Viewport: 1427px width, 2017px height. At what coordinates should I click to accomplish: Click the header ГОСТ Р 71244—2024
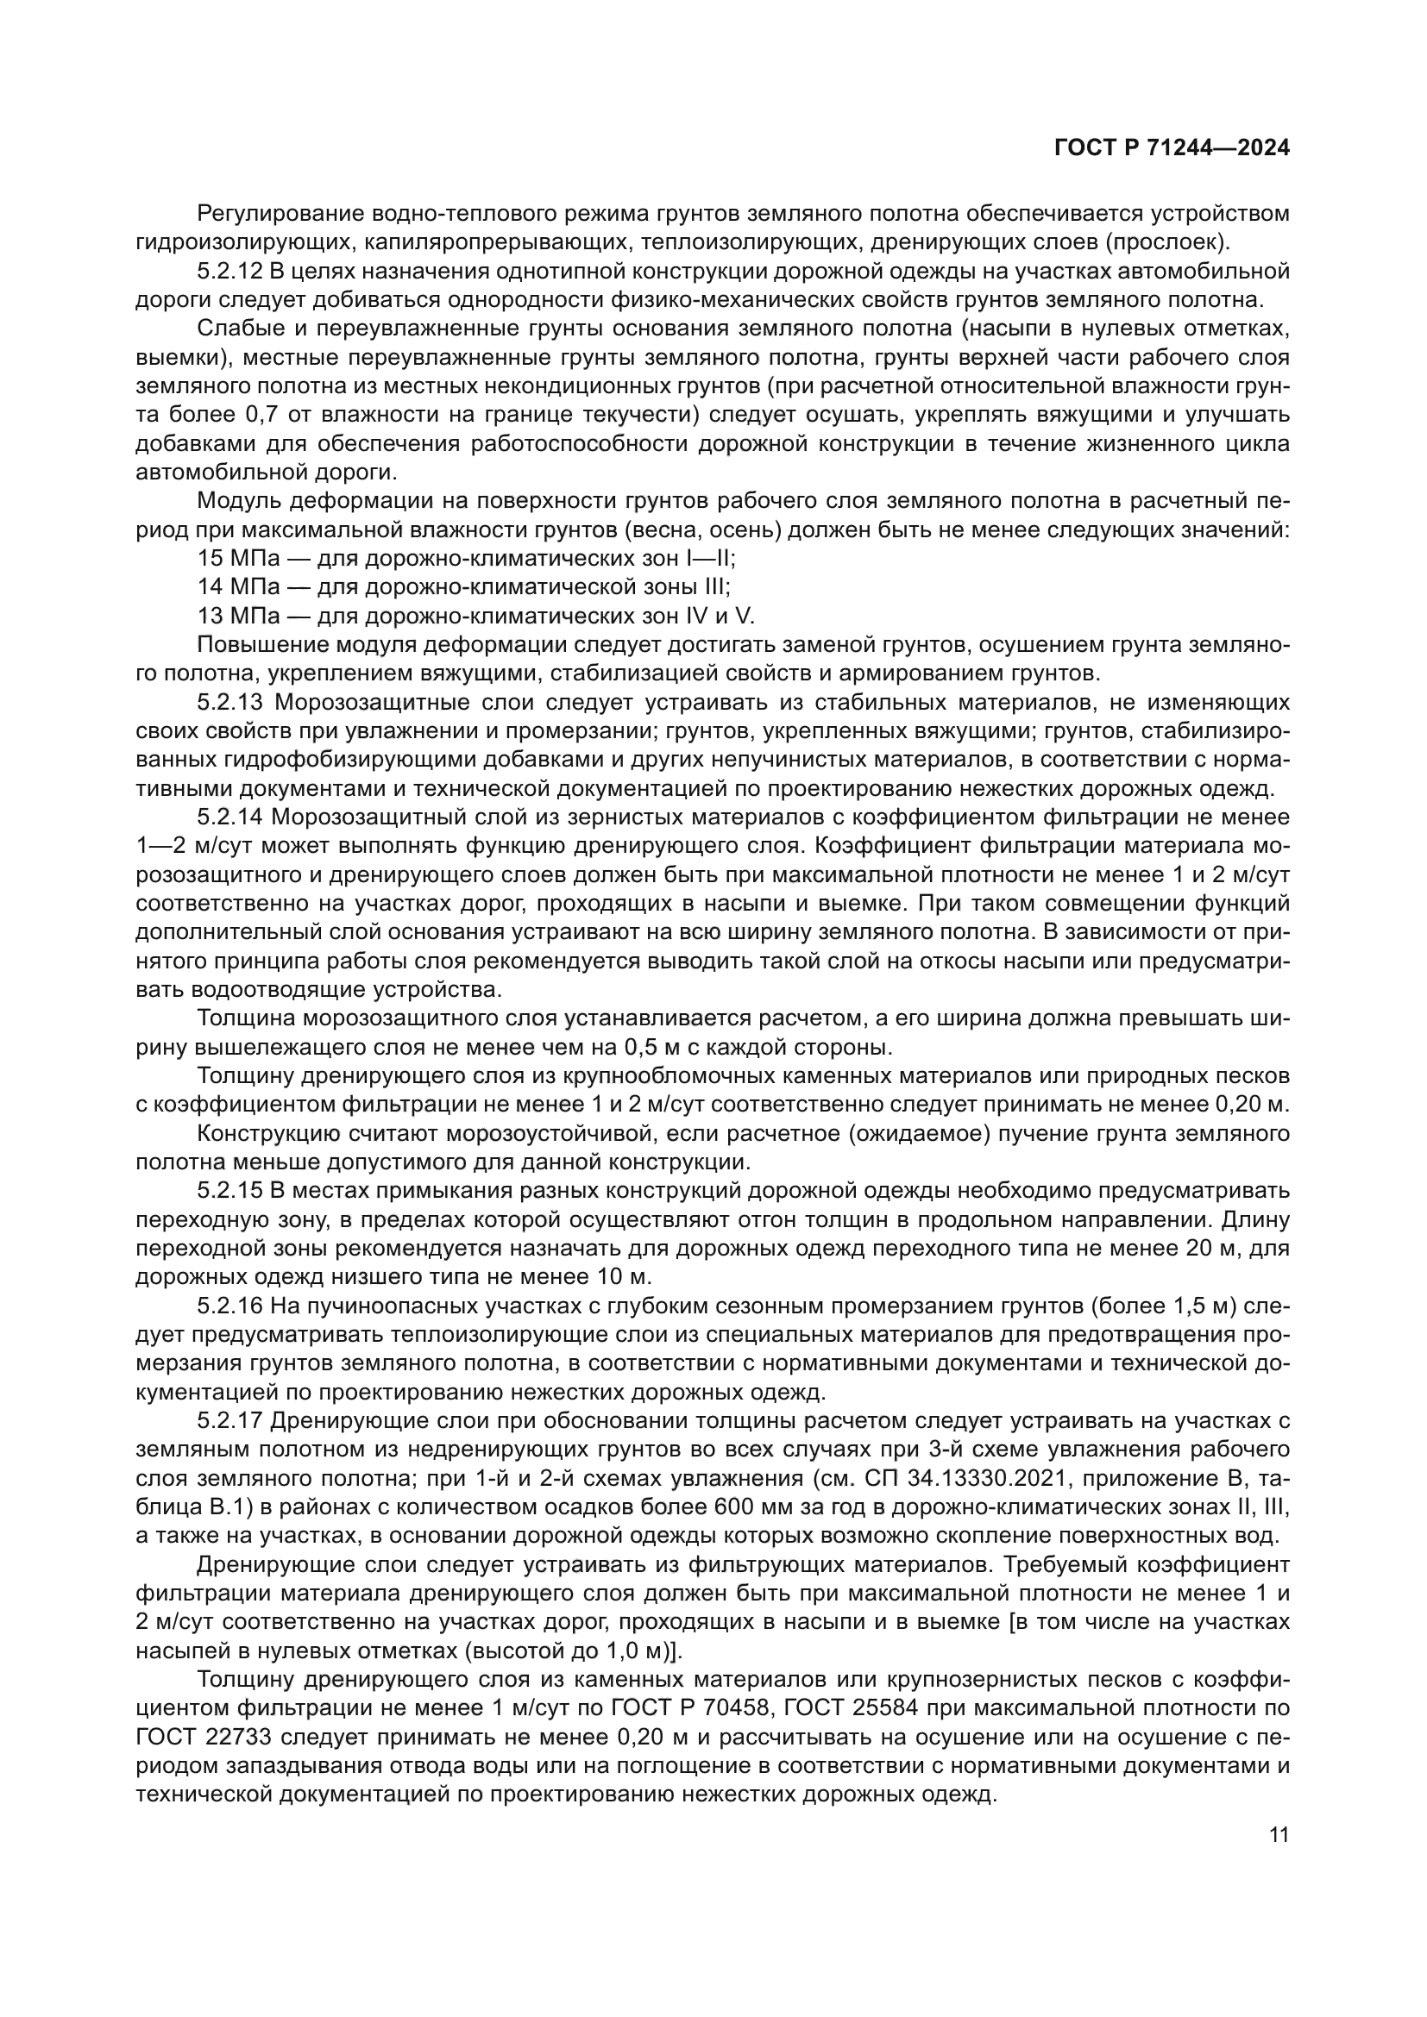coord(1172,147)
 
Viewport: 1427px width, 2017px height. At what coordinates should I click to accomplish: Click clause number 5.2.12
coord(230,271)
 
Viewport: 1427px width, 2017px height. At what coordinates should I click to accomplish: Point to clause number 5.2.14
coord(230,817)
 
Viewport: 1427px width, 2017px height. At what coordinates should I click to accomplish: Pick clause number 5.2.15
coord(230,1190)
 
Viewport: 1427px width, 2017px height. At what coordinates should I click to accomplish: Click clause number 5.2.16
coord(230,1306)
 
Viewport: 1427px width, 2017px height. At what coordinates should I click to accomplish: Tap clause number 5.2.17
coord(230,1420)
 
